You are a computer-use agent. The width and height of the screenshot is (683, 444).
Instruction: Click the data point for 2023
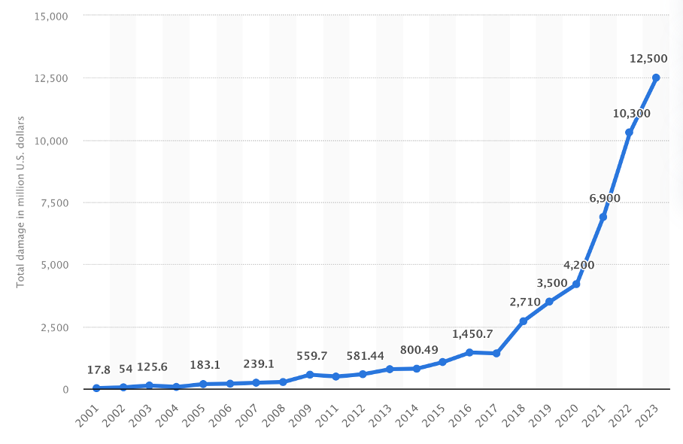(x=656, y=78)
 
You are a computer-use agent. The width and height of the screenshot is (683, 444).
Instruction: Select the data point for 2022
(x=629, y=132)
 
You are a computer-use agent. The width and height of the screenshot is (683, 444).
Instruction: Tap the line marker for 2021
(x=603, y=217)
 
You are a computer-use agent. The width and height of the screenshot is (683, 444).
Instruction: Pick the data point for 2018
(x=523, y=321)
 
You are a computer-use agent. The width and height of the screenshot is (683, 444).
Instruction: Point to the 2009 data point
(x=310, y=374)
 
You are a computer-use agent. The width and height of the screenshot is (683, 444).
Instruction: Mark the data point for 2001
(x=96, y=388)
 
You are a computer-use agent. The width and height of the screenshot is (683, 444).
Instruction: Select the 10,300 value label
(x=632, y=114)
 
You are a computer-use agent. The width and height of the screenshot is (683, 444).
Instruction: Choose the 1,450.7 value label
(x=472, y=333)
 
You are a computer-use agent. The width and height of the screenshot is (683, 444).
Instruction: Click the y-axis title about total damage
(x=21, y=201)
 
